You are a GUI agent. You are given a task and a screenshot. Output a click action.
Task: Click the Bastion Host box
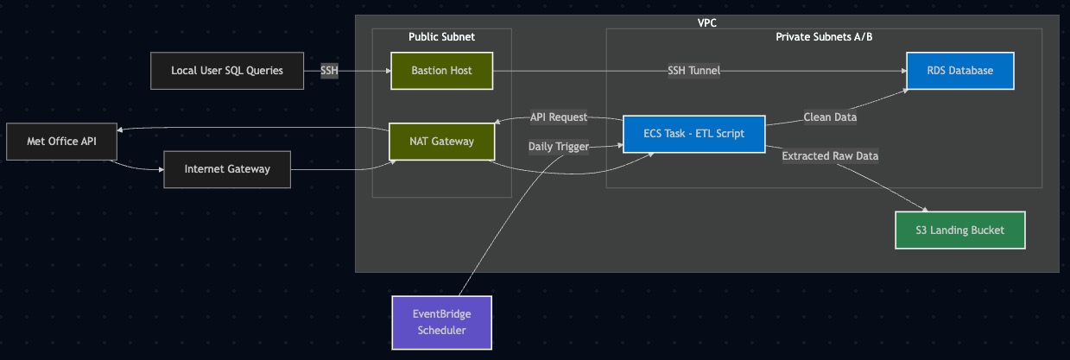tap(441, 71)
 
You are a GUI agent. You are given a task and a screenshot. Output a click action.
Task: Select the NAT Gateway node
tap(441, 142)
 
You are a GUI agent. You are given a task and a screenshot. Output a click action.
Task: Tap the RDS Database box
tap(959, 71)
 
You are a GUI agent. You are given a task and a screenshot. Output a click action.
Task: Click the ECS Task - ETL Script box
tap(693, 134)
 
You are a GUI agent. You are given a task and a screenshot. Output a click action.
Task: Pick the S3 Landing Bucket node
tap(959, 231)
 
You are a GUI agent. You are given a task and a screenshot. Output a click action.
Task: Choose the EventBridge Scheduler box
tap(441, 321)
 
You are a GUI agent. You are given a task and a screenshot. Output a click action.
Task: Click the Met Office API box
tap(61, 142)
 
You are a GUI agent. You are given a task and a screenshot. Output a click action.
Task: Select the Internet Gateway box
tap(227, 169)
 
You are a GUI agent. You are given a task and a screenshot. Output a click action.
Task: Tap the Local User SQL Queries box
tap(227, 71)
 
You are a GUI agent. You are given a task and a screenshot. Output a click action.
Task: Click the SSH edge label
tap(329, 71)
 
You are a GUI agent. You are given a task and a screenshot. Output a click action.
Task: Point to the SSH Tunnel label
tap(693, 71)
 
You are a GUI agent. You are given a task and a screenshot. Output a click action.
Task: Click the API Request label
tap(558, 117)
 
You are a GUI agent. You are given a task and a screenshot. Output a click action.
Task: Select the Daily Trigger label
tap(558, 147)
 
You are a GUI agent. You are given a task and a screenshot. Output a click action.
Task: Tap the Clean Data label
tap(830, 117)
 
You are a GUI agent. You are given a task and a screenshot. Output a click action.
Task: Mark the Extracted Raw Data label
tap(830, 156)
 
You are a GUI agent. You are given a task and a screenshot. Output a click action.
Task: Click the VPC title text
tap(706, 22)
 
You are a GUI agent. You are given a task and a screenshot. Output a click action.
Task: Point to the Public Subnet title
tap(441, 37)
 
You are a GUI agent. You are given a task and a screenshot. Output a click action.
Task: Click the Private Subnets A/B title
tap(824, 37)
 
